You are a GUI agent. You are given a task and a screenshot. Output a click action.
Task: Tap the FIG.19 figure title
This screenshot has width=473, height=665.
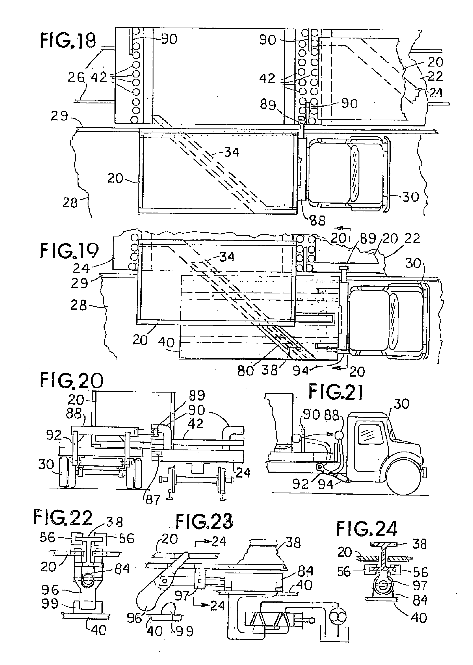[69, 251]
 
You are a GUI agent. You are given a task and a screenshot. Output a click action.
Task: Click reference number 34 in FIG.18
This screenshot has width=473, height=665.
[231, 152]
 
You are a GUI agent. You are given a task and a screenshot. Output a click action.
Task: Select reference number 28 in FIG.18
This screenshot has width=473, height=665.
[70, 203]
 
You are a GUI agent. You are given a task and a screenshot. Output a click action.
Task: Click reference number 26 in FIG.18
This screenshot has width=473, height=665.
[76, 77]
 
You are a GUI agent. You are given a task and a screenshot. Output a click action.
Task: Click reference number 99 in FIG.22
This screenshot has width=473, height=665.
[50, 604]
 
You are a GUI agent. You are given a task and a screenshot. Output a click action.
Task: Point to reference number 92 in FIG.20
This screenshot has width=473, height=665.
[55, 435]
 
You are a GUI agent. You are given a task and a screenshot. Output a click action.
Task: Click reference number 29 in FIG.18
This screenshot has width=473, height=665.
[59, 116]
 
